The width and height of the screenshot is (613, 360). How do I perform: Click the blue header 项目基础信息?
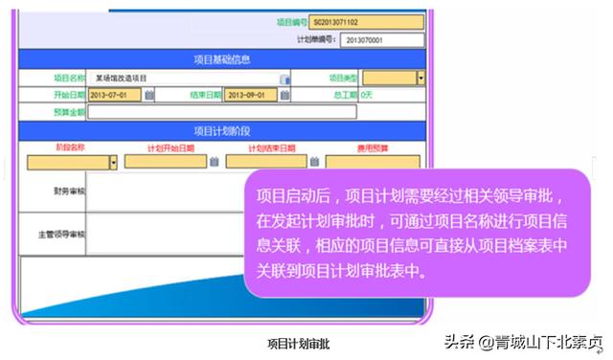click(221, 59)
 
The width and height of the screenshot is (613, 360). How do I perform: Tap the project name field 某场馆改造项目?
click(183, 78)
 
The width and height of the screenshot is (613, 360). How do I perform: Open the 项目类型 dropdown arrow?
click(420, 78)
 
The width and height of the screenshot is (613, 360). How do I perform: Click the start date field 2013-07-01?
click(113, 95)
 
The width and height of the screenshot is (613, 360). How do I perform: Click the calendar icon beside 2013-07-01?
click(149, 95)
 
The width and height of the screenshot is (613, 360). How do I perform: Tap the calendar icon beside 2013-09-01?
click(286, 95)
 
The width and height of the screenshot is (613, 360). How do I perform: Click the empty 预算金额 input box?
click(220, 112)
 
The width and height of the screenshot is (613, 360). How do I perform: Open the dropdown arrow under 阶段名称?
click(113, 162)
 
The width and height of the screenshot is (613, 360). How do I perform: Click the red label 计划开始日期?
click(170, 147)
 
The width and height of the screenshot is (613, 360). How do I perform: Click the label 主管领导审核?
click(62, 234)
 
